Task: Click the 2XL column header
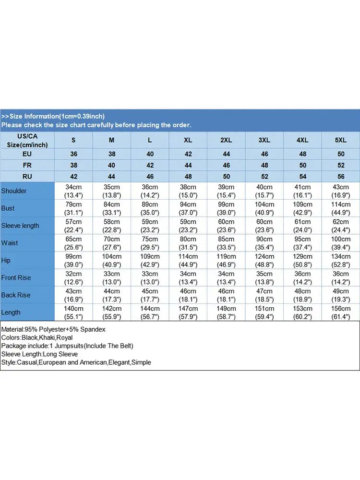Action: (226, 140)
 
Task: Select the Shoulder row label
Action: (14, 191)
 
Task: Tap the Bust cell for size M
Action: (112, 208)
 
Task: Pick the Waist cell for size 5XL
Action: (340, 243)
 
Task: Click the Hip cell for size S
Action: (73, 260)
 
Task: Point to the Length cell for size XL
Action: (188, 312)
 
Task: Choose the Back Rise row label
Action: (16, 295)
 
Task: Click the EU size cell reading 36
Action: (73, 154)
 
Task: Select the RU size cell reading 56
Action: (340, 176)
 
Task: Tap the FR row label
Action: (27, 165)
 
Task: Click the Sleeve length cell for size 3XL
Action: (264, 226)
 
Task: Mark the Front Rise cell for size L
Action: (150, 278)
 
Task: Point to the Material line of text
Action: (53, 330)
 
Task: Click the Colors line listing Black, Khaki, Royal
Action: (37, 338)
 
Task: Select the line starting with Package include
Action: (67, 346)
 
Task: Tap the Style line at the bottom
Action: (76, 362)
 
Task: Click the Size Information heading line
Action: (53, 116)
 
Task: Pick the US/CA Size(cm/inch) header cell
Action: (27, 140)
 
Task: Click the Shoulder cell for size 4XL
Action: (302, 191)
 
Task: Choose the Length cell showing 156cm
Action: (340, 312)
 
